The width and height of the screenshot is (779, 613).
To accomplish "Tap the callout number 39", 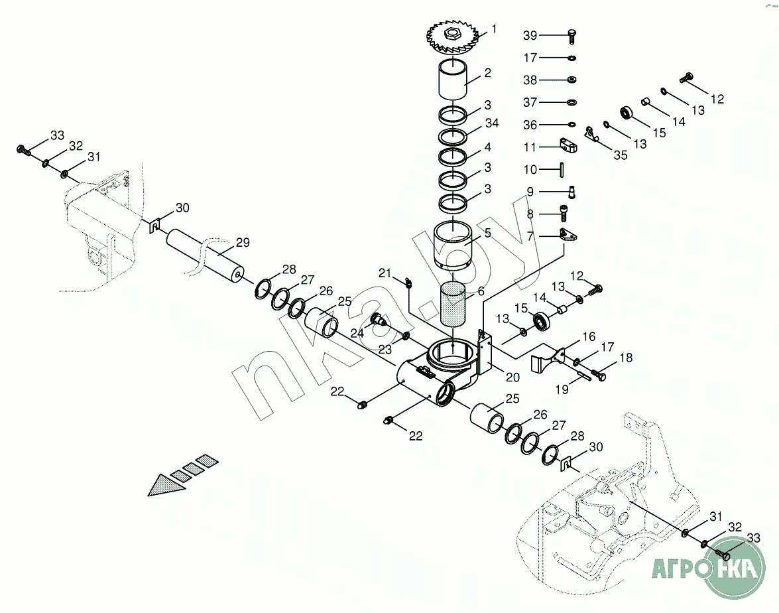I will pyautogui.click(x=530, y=35).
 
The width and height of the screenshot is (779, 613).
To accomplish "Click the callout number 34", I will pyautogui.click(x=491, y=124).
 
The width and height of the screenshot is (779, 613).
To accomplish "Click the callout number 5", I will pyautogui.click(x=487, y=234).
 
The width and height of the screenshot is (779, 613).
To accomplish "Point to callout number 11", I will pyautogui.click(x=530, y=147).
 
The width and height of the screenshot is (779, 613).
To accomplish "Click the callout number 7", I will pyautogui.click(x=530, y=236).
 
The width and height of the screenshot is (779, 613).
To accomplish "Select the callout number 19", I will pyautogui.click(x=562, y=390).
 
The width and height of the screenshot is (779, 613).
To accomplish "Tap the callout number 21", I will pyautogui.click(x=386, y=273).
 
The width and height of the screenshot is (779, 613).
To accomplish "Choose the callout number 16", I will pyautogui.click(x=589, y=338).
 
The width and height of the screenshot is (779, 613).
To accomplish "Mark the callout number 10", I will pyautogui.click(x=530, y=170).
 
